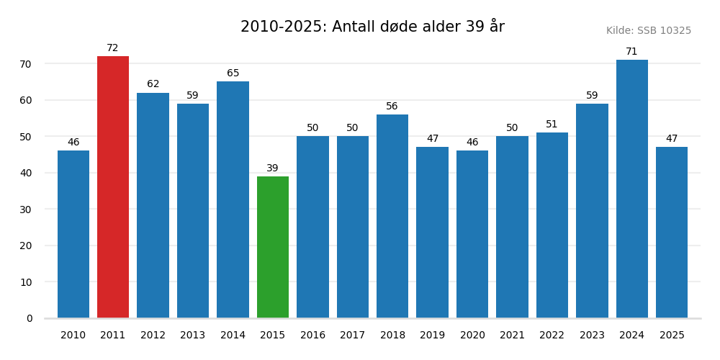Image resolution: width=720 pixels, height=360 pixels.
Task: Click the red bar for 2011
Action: point(113,187)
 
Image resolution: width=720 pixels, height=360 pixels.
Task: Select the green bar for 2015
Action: point(273,247)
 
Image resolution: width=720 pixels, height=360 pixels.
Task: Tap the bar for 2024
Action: point(631,189)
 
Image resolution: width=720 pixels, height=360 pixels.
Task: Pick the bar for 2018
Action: point(392,216)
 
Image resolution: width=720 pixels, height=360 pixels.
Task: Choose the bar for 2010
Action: point(73,234)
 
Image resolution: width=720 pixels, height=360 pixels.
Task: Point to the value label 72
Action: point(113,48)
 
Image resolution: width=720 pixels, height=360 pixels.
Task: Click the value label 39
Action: point(273,168)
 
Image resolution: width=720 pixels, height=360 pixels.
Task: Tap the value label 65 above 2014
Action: point(233,73)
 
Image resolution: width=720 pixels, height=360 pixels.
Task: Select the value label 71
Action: point(631,52)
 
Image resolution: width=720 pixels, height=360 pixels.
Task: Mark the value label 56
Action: point(392,107)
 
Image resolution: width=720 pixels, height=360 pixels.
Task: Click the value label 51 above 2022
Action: point(552,125)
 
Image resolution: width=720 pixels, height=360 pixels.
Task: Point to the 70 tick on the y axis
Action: point(25,64)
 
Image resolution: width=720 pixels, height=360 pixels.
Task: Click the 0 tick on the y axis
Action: point(30,318)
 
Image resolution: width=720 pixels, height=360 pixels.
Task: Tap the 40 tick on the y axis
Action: point(25,173)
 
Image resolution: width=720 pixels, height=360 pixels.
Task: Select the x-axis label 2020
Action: point(472,336)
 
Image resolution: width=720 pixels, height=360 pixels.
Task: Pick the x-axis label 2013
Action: point(193,336)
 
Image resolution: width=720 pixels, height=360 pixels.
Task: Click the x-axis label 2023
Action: point(592,336)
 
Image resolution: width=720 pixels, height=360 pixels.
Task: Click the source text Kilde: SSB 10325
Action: point(648,31)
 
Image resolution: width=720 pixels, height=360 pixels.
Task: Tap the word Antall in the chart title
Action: point(352,27)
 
